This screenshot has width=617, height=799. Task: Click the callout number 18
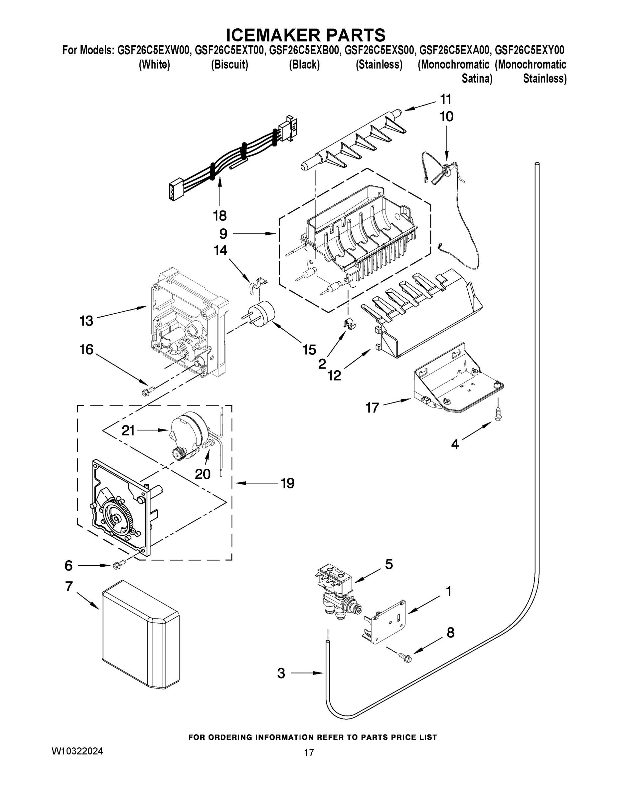(220, 216)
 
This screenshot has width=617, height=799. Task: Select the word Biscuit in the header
(230, 65)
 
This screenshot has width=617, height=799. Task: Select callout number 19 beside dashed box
(288, 483)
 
